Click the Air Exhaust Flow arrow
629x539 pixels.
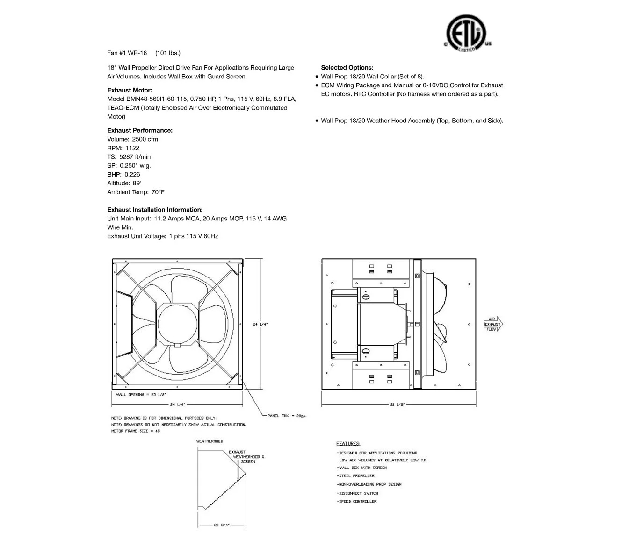click(x=493, y=324)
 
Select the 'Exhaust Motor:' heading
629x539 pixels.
click(x=130, y=90)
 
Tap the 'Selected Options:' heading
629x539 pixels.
click(x=347, y=68)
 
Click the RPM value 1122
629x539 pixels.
click(x=132, y=148)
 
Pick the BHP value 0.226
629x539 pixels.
click(x=132, y=174)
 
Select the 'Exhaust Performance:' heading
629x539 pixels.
click(x=140, y=130)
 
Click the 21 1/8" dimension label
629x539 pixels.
click(x=397, y=404)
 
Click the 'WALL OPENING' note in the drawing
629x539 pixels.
click(x=141, y=395)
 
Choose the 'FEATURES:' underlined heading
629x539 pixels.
click(x=348, y=443)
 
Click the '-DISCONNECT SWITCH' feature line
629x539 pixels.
click(x=358, y=493)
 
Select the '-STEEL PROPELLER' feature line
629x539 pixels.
click(x=356, y=475)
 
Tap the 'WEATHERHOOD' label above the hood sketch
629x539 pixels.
click(x=210, y=441)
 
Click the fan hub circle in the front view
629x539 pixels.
click(x=178, y=324)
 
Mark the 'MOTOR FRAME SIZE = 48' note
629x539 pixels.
click(x=136, y=431)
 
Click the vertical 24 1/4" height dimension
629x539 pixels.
click(x=260, y=324)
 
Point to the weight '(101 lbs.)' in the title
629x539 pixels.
click(x=168, y=53)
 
